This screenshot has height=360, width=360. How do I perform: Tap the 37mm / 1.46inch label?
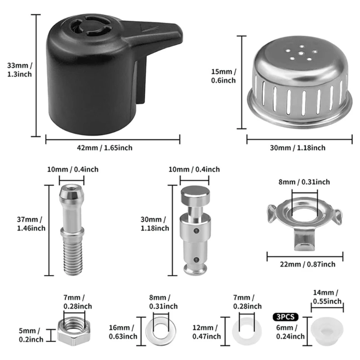tap(31, 224)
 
